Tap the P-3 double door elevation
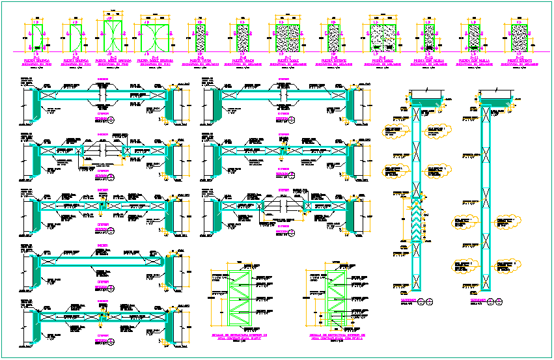[110, 35]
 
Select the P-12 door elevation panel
[519, 38]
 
